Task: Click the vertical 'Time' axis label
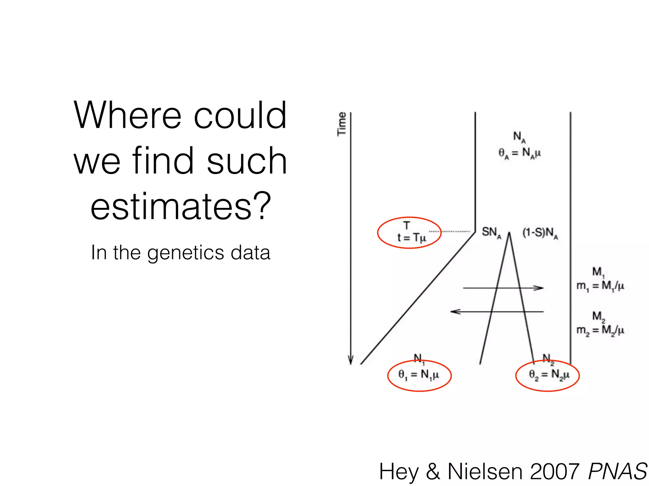[x=342, y=124]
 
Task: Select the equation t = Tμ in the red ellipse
[x=411, y=238]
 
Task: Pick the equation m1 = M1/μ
[x=600, y=286]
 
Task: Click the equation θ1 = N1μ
[x=419, y=375]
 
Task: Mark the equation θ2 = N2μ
[x=549, y=375]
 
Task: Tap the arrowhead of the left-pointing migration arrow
[x=454, y=312]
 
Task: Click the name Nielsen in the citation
[x=485, y=472]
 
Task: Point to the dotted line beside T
[x=450, y=232]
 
